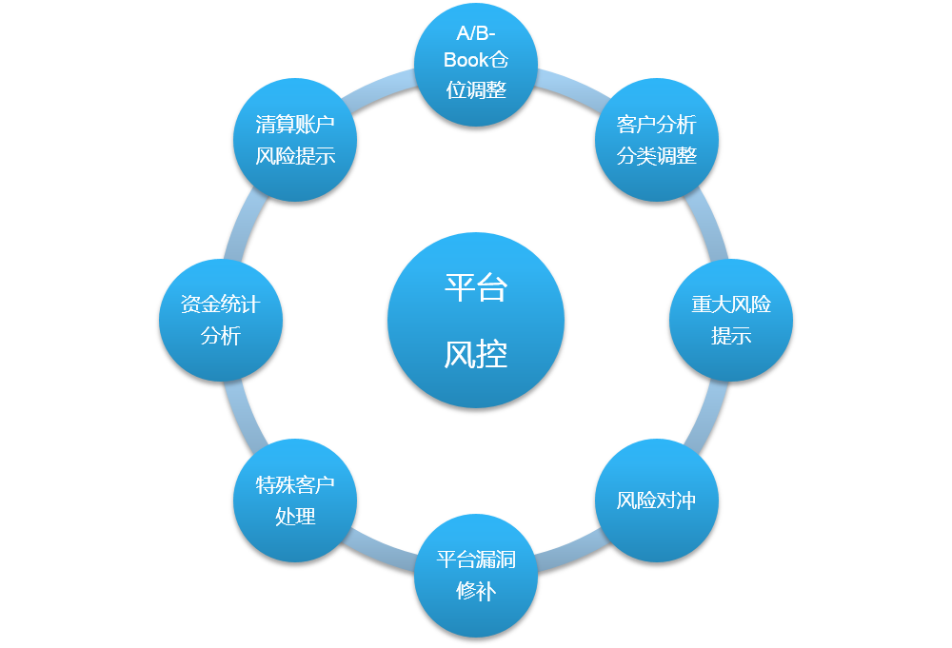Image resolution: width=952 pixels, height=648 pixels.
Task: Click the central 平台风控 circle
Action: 476,320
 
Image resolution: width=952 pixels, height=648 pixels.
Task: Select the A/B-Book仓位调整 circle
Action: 476,63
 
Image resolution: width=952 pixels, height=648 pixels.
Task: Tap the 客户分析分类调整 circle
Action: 657,139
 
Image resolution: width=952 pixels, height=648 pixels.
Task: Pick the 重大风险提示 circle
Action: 731,320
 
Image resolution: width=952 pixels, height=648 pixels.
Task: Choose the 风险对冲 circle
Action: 657,501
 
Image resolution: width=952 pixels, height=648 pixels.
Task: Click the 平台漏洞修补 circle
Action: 476,575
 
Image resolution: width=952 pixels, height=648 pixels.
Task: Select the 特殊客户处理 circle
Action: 295,501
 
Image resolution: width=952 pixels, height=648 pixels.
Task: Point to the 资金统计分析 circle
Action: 221,320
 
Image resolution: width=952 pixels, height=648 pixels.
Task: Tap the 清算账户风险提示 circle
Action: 295,139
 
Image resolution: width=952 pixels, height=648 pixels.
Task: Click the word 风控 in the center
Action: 476,354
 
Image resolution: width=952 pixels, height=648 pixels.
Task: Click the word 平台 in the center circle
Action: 476,286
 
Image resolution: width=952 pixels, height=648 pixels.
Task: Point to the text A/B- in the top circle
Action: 476,34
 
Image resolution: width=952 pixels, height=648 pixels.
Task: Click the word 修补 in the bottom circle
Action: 476,590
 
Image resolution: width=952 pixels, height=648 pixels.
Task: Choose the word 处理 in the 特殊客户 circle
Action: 295,517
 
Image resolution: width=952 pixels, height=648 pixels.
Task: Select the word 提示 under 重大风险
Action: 731,336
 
